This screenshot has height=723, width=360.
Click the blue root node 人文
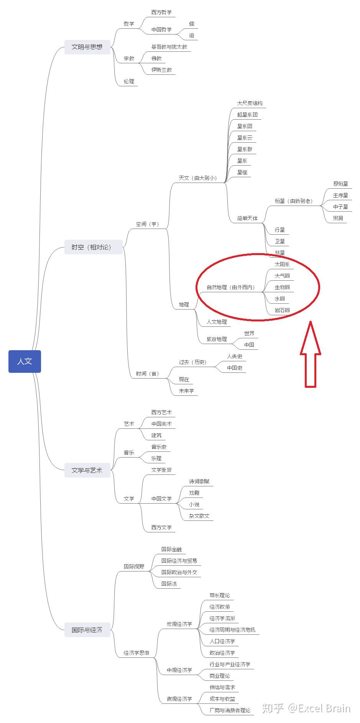[25, 361]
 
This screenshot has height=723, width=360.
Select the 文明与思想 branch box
[87, 47]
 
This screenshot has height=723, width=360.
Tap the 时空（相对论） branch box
[93, 247]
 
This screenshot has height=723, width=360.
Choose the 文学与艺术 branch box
[87, 470]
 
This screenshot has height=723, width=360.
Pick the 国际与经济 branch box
[87, 630]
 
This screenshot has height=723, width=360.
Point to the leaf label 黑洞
[338, 218]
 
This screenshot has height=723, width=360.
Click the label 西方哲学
[161, 13]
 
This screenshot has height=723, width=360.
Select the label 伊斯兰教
[161, 70]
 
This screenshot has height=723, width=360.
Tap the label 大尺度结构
[250, 104]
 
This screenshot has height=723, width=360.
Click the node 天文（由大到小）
[197, 178]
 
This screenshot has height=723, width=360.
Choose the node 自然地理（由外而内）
[230, 287]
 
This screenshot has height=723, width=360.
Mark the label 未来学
[186, 391]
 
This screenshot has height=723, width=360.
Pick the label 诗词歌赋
[199, 481]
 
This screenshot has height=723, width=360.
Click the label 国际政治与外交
[179, 572]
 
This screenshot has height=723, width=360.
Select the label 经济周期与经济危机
[232, 630]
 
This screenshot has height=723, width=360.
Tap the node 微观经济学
[179, 699]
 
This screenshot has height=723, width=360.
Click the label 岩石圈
[282, 310]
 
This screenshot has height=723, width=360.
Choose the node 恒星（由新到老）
[293, 201]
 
